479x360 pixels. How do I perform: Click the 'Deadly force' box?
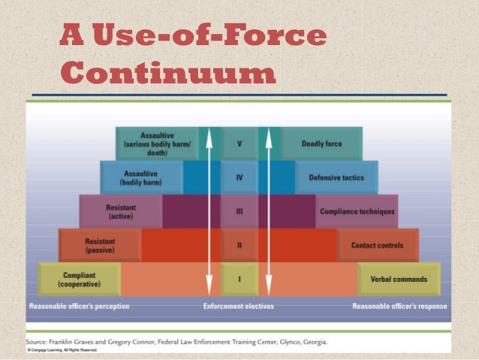pos(322,144)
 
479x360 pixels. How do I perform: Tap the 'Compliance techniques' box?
pos(357,212)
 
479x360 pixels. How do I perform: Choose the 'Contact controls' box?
pos(377,246)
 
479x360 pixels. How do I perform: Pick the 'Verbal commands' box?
pos(399,280)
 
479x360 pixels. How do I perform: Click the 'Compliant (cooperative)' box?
pos(79,280)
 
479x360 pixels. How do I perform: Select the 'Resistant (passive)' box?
pos(99,246)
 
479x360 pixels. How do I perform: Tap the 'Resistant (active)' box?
pos(120,212)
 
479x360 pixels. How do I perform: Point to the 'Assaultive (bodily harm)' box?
pos(141,178)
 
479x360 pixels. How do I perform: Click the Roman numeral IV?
pos(239,178)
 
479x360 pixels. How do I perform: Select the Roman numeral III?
pos(239,212)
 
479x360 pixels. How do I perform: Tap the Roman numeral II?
pos(239,246)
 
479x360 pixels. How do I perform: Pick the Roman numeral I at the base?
pos(239,280)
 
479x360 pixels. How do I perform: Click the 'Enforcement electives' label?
pos(239,307)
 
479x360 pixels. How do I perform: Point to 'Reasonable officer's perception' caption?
pos(80,307)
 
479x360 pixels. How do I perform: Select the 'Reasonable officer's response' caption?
pos(399,307)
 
